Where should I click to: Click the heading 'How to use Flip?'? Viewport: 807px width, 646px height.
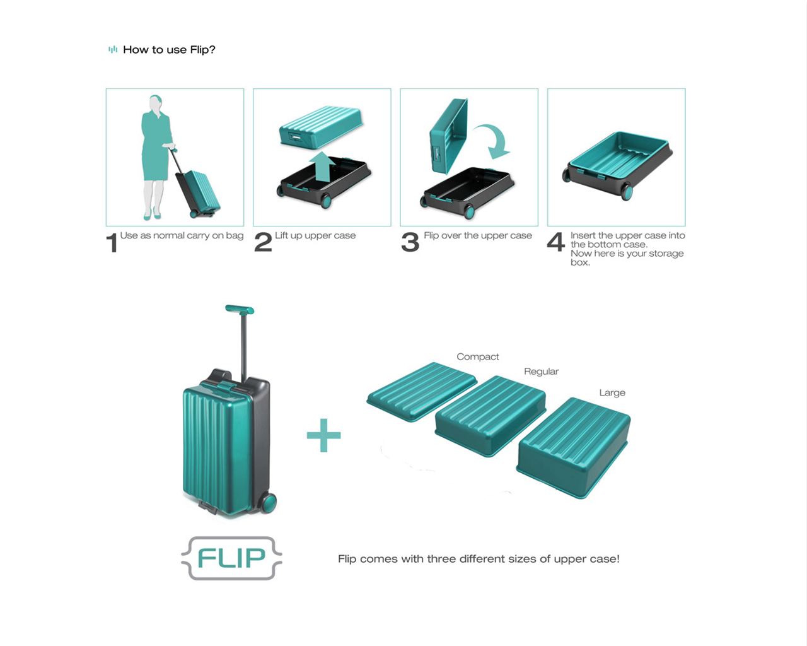coord(169,50)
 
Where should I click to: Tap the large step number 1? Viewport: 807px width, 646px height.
coord(112,243)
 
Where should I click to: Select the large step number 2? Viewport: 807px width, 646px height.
coord(263,242)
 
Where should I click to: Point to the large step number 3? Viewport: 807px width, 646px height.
coord(410,242)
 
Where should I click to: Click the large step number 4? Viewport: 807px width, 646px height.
coord(555,242)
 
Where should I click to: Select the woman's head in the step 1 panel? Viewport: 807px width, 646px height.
coord(155,102)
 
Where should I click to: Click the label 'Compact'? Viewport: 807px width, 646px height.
coord(477,356)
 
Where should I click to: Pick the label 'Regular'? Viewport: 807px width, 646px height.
coord(541,372)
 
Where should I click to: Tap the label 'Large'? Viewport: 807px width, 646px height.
coord(612,392)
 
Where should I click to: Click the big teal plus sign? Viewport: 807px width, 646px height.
coord(323,435)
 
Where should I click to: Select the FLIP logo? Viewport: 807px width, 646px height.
coord(231,558)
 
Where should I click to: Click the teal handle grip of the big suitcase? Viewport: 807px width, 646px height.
coord(240,309)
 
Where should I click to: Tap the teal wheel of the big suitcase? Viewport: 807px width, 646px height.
coord(269,503)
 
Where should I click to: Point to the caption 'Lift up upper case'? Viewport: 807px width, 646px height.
coord(315,236)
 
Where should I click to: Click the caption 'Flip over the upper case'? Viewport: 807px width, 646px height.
coord(478,236)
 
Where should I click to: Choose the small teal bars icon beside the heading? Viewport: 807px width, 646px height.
coord(113,50)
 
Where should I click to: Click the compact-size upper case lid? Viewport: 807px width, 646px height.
coord(421,391)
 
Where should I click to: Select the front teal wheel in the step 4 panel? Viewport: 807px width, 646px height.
coord(627,192)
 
